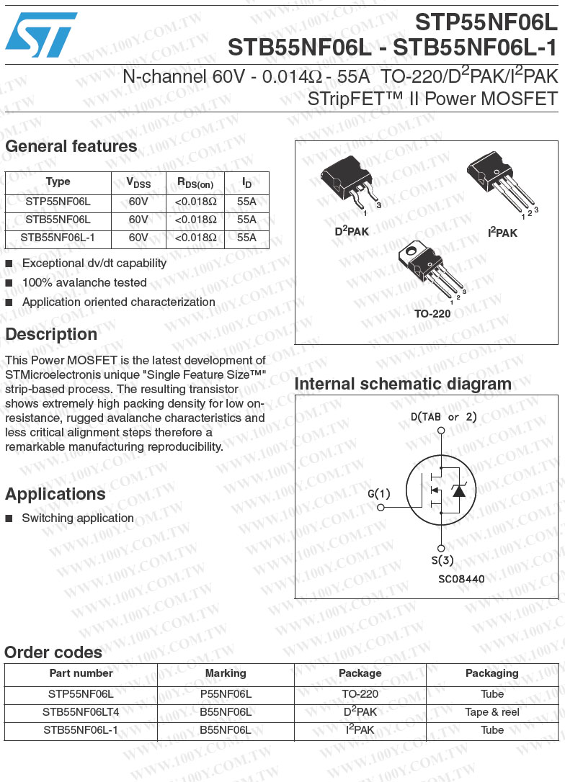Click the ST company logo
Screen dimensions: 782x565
click(40, 34)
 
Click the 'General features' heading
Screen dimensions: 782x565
click(71, 146)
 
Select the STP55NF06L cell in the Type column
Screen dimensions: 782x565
click(58, 202)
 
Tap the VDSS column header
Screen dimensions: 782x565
click(138, 183)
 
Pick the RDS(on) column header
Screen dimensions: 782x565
click(195, 183)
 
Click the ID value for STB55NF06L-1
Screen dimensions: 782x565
click(246, 237)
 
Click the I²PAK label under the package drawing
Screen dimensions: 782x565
click(502, 233)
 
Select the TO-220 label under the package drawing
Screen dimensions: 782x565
click(432, 314)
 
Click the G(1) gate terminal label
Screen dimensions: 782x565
click(379, 494)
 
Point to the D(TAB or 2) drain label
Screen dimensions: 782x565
click(444, 417)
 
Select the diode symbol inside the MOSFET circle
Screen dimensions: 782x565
click(458, 490)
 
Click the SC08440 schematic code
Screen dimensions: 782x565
click(461, 578)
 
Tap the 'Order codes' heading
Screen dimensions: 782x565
click(53, 652)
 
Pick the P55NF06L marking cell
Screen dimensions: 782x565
click(226, 694)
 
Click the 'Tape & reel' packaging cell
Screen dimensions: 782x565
click(492, 712)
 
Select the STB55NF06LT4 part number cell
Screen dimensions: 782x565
click(81, 712)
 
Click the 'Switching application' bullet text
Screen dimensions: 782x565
click(78, 518)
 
